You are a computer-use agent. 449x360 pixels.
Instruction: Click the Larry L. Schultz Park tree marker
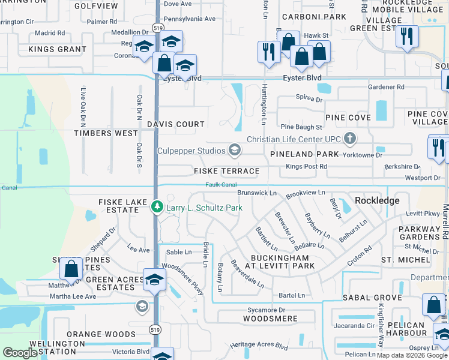point(157,208)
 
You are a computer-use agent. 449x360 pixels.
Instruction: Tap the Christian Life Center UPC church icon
point(351,139)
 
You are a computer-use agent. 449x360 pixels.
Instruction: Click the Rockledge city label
point(377,200)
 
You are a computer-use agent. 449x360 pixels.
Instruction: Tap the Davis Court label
point(176,124)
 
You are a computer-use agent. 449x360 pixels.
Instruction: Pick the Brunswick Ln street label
point(256,193)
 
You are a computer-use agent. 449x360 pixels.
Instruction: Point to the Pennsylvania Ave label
point(189,19)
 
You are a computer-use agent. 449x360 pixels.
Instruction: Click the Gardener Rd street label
point(386,87)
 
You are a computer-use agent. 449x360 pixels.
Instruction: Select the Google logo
point(20,353)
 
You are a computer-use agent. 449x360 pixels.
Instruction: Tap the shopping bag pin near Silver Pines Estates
point(71,271)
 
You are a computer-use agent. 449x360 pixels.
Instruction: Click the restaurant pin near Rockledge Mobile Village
point(406,37)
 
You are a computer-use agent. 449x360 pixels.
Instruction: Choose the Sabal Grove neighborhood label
point(372,298)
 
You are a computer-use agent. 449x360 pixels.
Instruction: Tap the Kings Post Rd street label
point(306,166)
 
